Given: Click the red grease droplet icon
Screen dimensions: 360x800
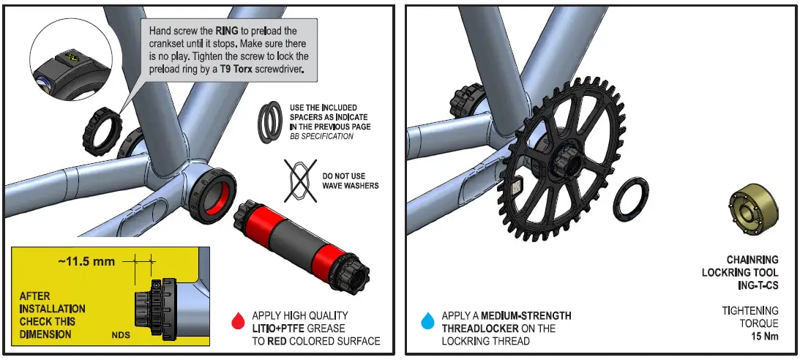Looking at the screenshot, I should pyautogui.click(x=236, y=320).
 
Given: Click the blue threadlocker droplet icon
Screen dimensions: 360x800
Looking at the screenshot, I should pyautogui.click(x=427, y=320).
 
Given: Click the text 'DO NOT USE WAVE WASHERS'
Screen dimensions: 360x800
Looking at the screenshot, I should pyautogui.click(x=350, y=181).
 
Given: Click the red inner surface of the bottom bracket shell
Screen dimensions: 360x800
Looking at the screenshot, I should pyautogui.click(x=217, y=193).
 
